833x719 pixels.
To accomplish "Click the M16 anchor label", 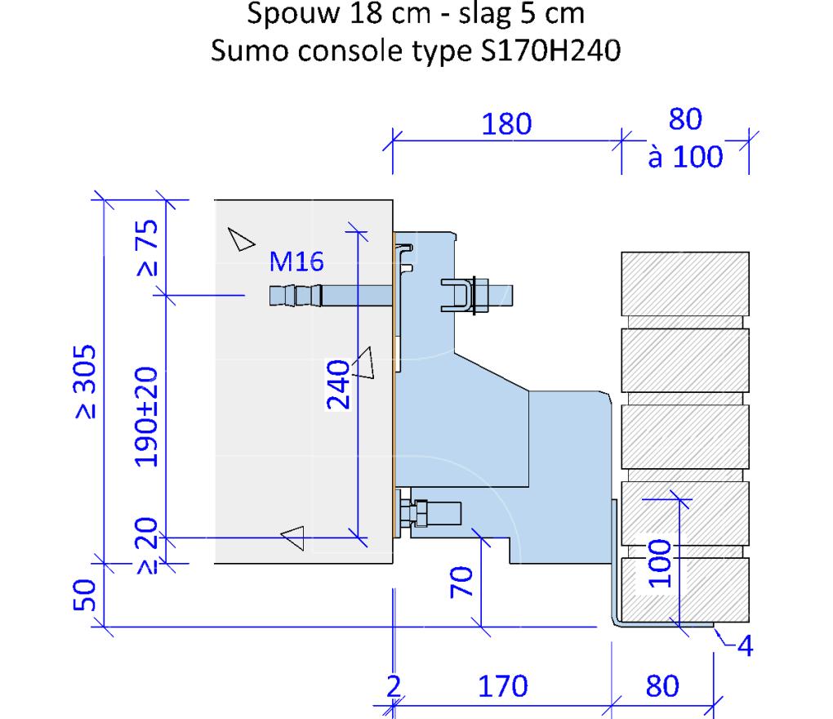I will pyautogui.click(x=297, y=262).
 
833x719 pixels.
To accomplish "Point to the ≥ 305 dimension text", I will pyautogui.click(x=87, y=381).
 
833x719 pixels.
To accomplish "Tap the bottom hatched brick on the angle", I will pyautogui.click(x=684, y=587).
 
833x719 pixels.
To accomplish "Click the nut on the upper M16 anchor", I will pyautogui.click(x=480, y=295).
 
